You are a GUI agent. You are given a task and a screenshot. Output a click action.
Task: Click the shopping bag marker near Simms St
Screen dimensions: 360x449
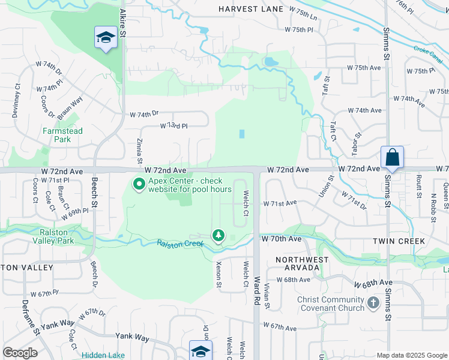392,157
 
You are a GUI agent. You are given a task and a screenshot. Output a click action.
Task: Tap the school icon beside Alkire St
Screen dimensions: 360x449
106,38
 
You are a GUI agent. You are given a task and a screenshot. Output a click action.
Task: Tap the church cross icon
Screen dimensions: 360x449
373,303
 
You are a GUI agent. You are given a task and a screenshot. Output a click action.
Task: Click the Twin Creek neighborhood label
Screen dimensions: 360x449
399,241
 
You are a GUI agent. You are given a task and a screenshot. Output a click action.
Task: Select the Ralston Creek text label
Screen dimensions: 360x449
181,243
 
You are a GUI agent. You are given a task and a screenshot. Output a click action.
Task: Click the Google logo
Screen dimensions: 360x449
20,353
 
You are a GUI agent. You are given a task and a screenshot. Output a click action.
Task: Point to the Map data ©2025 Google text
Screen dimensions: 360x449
411,355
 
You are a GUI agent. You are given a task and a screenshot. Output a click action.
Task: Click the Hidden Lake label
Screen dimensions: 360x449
103,355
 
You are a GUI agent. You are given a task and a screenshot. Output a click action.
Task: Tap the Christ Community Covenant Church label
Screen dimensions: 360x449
331,304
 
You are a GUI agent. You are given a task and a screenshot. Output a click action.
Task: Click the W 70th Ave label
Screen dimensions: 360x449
281,239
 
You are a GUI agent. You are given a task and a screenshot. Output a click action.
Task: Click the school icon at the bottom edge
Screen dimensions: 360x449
200,350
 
